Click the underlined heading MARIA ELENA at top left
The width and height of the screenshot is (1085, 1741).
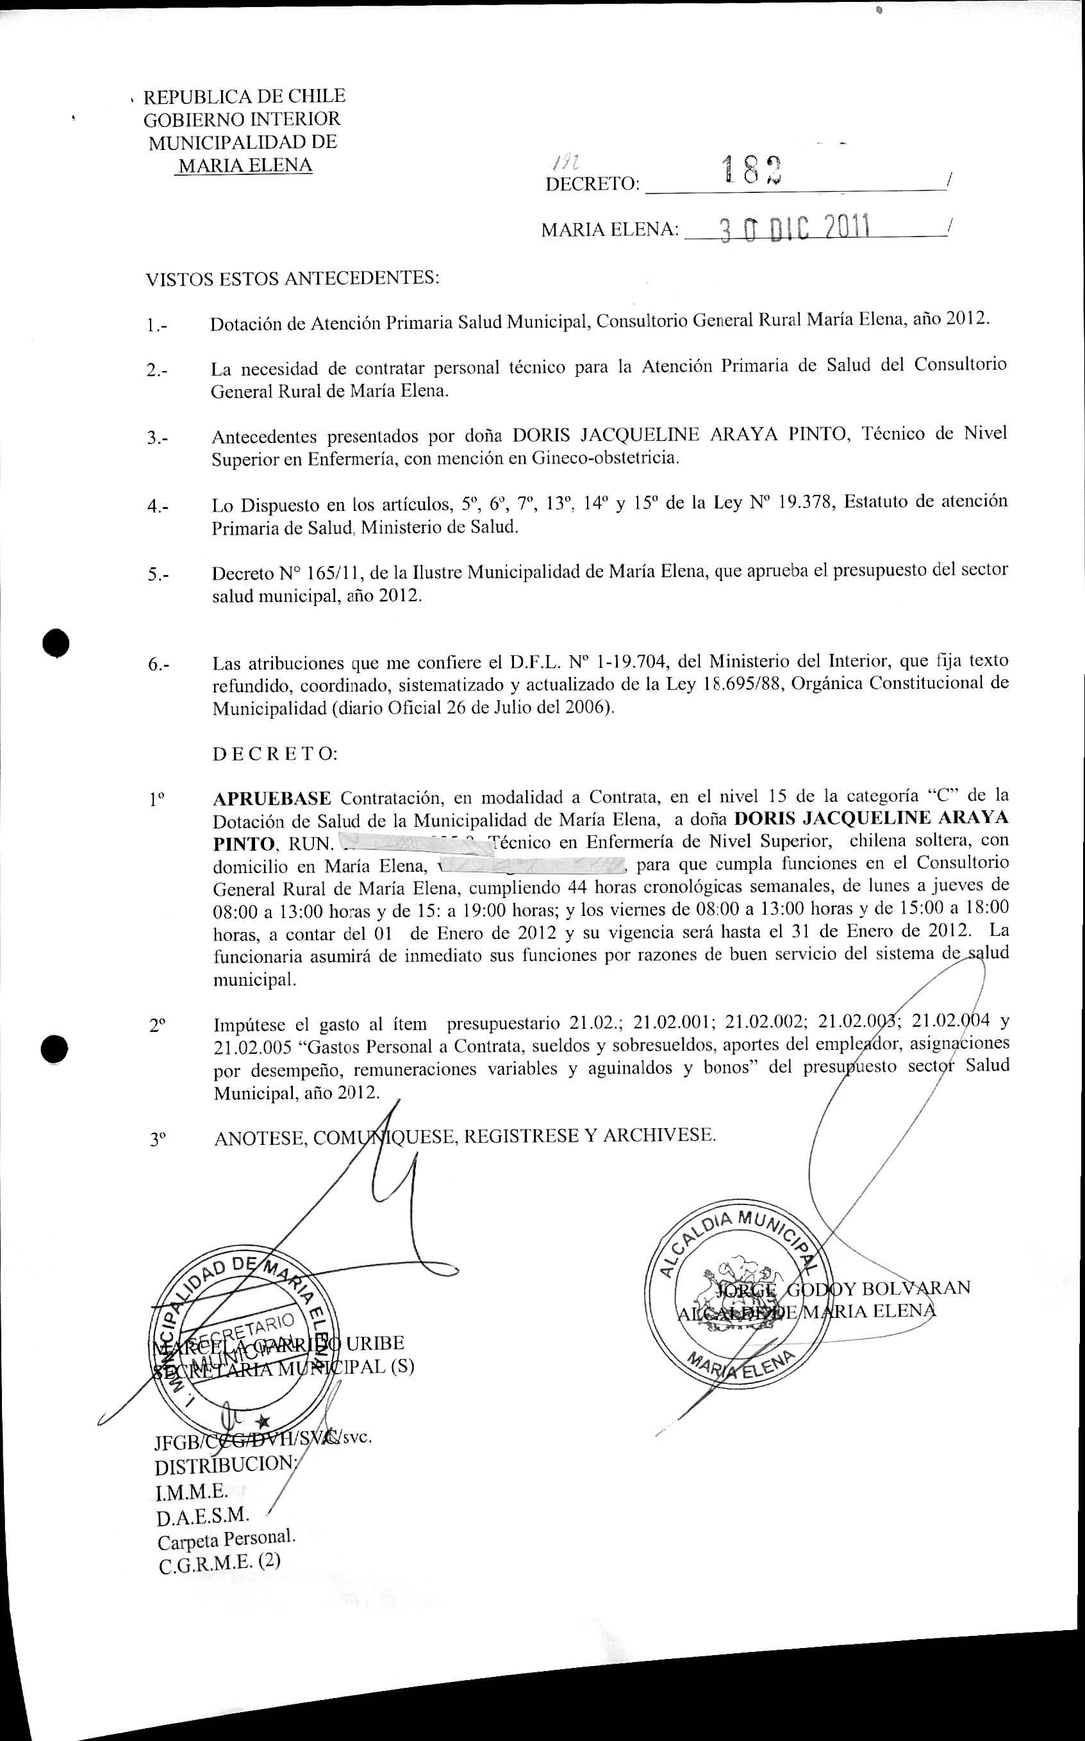pyautogui.click(x=245, y=166)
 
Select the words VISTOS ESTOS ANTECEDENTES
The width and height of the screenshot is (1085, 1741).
pyautogui.click(x=292, y=278)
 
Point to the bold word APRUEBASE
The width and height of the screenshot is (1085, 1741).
pyautogui.click(x=272, y=798)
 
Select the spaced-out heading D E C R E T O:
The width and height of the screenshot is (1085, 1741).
pyautogui.click(x=275, y=754)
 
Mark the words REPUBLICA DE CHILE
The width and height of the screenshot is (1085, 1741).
pyautogui.click(x=244, y=96)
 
